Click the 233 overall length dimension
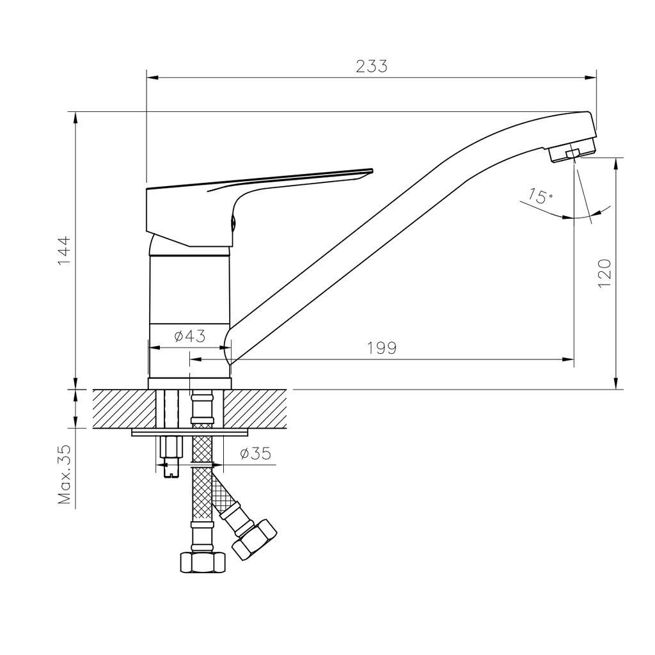[372, 67]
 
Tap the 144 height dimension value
[65, 250]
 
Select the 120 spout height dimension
[604, 273]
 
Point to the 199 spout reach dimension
[381, 347]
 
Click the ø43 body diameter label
[190, 336]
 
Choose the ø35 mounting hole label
[256, 453]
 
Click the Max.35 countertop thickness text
[65, 474]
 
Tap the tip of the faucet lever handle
[372, 170]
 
